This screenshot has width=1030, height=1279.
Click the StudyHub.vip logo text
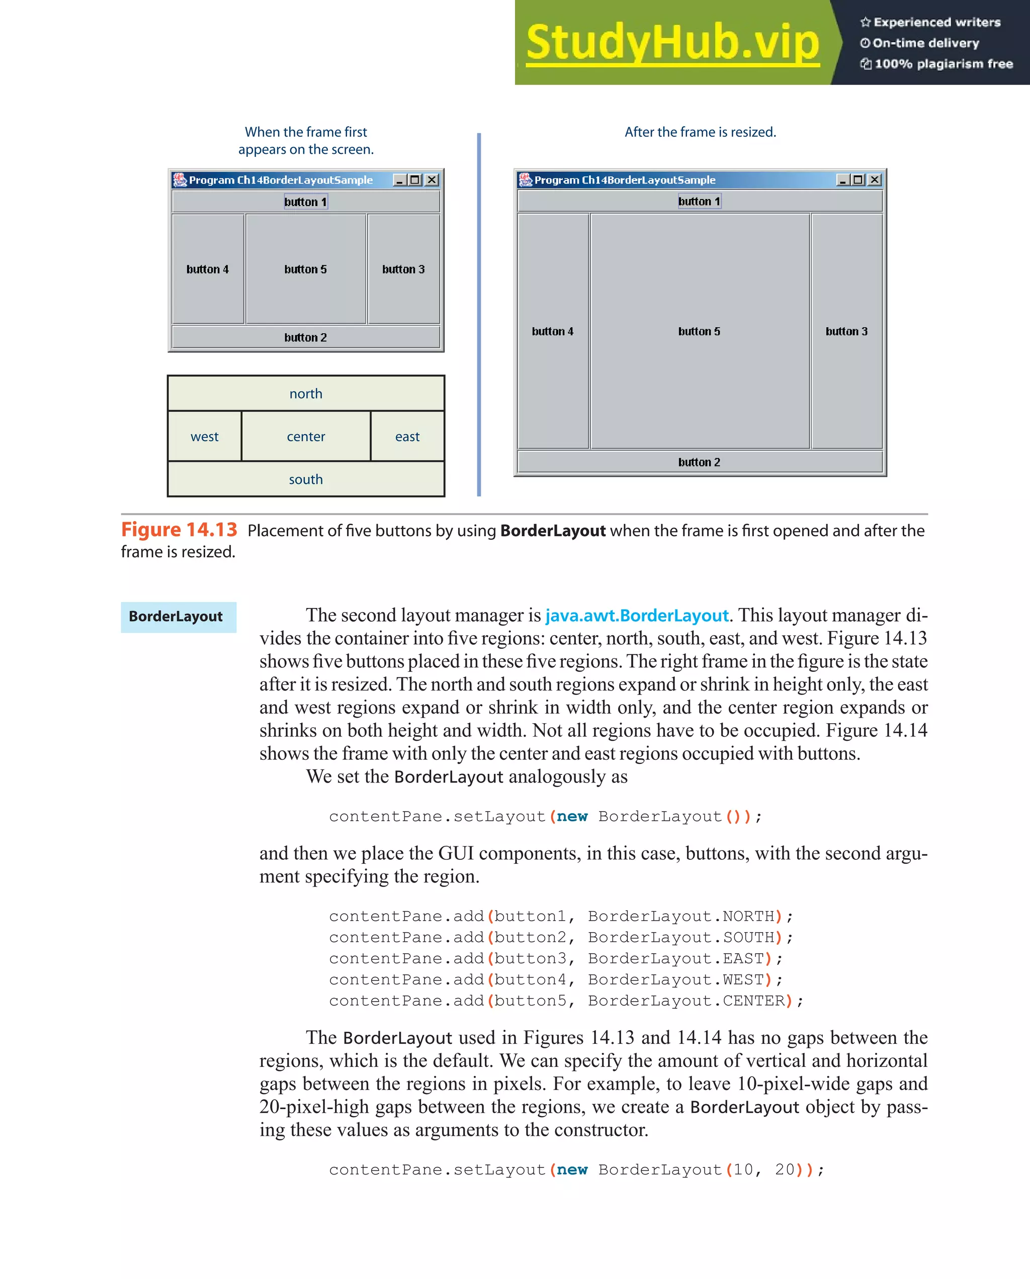[672, 43]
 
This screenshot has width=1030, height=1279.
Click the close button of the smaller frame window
[432, 180]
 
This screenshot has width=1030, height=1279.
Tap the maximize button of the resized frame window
[858, 180]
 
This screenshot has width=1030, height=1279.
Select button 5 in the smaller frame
[306, 269]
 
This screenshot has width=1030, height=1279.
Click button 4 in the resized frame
[553, 331]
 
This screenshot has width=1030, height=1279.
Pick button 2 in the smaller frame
[306, 337]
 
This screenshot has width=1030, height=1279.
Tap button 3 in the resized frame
[846, 331]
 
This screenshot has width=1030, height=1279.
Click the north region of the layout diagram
[306, 393]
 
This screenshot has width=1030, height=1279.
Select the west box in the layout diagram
[205, 437]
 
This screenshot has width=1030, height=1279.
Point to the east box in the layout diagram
[407, 437]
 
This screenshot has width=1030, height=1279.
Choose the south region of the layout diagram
[306, 479]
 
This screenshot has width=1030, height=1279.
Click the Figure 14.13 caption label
[179, 529]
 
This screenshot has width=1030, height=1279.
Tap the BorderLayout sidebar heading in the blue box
[176, 616]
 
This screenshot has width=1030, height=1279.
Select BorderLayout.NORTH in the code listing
[681, 917]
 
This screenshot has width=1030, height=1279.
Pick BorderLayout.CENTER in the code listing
[686, 1001]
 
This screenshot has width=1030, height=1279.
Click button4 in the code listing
[530, 979]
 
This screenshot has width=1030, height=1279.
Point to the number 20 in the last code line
[784, 1170]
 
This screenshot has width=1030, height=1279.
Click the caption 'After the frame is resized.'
[700, 132]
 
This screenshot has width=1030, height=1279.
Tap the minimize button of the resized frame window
[842, 180]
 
